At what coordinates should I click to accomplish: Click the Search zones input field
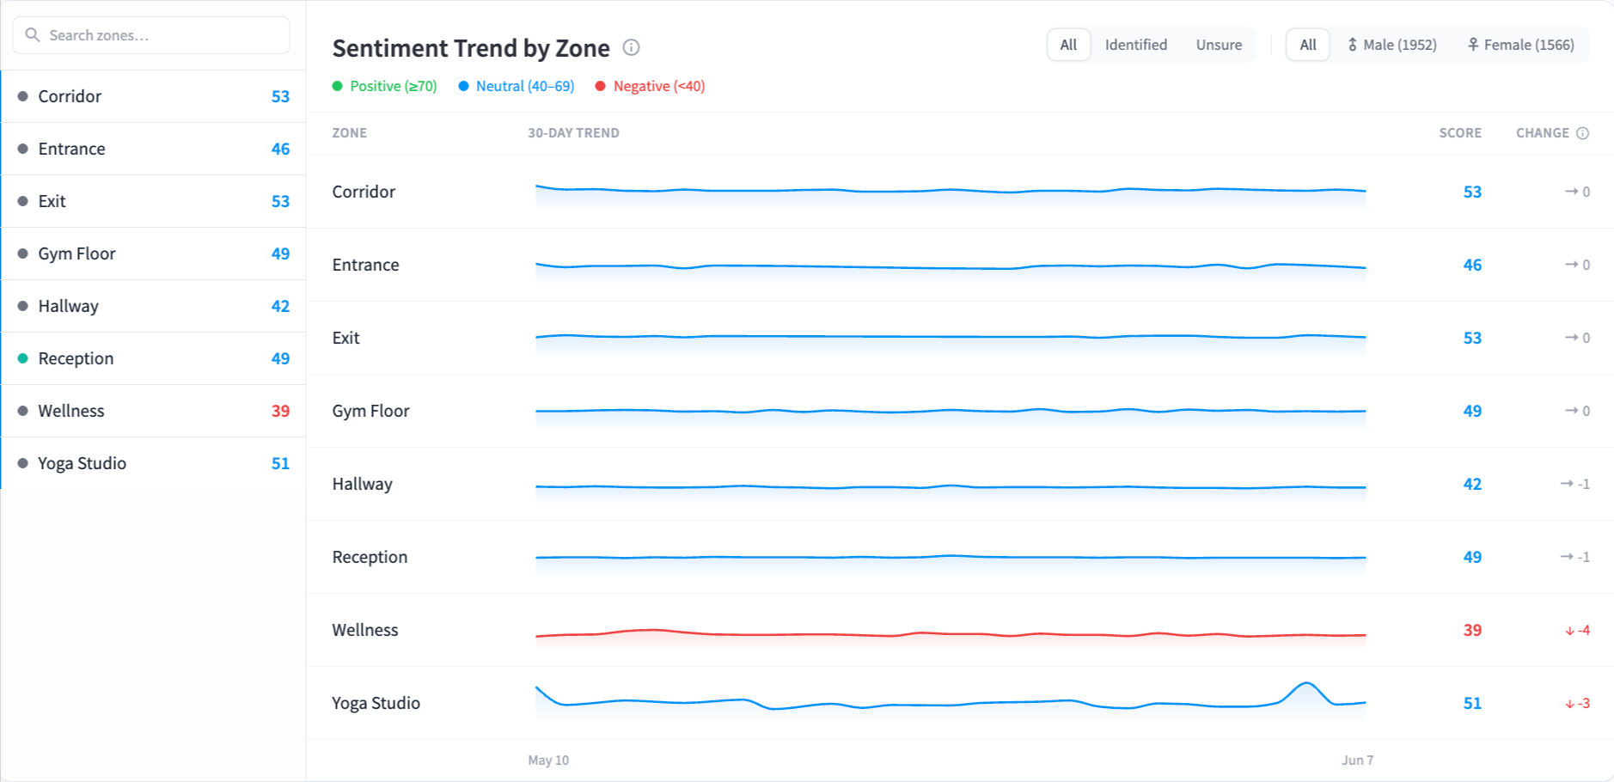pos(151,35)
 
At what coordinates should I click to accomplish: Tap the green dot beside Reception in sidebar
pos(22,358)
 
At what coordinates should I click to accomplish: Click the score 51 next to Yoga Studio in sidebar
pos(280,463)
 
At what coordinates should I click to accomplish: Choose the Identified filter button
pos(1135,45)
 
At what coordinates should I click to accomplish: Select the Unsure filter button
pos(1219,45)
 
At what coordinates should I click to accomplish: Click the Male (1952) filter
pos(1392,45)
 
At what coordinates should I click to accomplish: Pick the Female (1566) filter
pos(1521,45)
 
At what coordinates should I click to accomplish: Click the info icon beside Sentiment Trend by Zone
pos(632,47)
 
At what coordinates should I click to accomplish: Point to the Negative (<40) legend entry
pos(650,86)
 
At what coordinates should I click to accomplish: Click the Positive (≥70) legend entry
pos(385,86)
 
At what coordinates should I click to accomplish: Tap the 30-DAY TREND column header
pos(573,133)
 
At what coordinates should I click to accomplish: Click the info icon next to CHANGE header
pos(1582,133)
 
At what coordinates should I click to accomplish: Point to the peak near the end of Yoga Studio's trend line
pos(1306,683)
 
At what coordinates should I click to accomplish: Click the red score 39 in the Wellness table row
pos(1472,630)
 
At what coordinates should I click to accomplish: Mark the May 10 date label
pos(548,761)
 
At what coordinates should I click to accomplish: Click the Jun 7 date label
pos(1358,761)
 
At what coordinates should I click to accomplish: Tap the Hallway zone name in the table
pos(363,484)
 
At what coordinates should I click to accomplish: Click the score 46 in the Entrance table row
pos(1472,265)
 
